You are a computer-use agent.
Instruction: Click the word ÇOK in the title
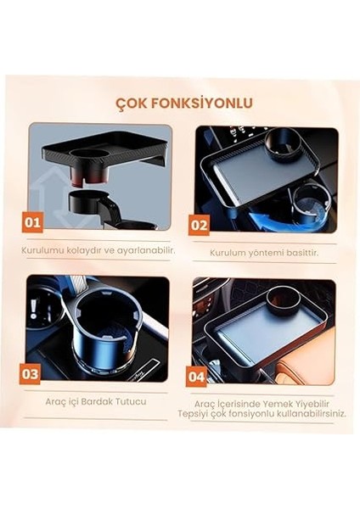[132, 103]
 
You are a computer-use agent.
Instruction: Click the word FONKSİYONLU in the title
[200, 103]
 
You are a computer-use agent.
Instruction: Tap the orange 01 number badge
[32, 223]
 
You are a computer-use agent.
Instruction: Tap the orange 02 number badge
[199, 225]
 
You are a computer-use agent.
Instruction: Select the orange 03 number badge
[31, 372]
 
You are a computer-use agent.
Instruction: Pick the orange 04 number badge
[196, 374]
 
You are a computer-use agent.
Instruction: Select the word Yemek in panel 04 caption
[280, 403]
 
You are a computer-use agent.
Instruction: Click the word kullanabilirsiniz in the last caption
[311, 414]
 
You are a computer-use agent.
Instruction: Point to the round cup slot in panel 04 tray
[282, 296]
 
